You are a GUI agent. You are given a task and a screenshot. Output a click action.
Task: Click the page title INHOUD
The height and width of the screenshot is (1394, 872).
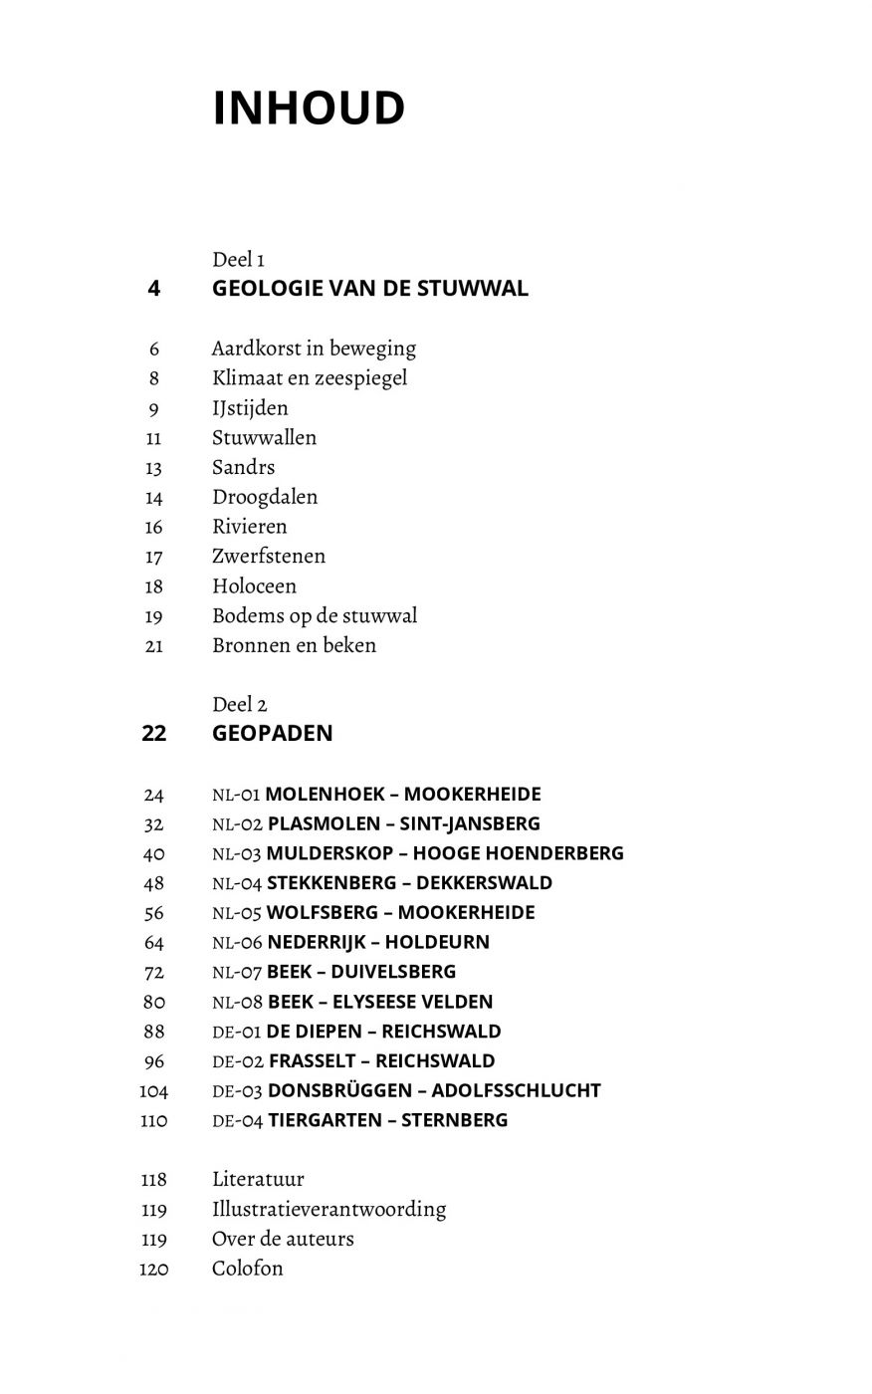[309, 109]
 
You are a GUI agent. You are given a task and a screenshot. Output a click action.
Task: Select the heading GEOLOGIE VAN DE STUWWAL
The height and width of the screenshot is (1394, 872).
[370, 289]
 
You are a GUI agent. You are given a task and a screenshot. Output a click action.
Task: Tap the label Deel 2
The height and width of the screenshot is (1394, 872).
[239, 705]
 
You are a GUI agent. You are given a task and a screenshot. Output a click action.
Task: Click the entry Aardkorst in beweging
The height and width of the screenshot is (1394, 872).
[314, 348]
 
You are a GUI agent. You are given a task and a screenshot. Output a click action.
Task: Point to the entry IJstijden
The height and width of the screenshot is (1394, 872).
[250, 408]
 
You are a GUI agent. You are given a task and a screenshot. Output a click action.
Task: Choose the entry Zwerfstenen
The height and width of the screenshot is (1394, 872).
[269, 557]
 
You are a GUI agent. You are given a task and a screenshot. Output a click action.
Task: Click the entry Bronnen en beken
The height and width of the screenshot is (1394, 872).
[294, 645]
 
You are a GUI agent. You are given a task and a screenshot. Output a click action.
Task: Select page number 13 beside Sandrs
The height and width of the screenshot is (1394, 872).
[153, 468]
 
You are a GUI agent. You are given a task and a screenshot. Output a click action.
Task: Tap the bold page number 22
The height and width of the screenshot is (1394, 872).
[154, 734]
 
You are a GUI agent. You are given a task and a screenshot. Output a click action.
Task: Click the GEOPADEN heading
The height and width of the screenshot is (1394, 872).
[273, 734]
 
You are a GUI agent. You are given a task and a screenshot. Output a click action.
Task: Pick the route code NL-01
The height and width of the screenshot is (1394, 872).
[236, 795]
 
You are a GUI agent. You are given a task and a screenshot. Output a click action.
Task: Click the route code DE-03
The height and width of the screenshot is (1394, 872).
[237, 1091]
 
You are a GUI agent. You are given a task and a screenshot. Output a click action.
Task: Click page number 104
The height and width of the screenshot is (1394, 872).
[154, 1091]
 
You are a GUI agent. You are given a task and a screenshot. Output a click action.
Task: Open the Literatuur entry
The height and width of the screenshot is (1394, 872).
[258, 1180]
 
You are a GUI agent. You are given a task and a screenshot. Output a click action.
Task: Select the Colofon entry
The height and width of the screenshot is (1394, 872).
[247, 1269]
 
